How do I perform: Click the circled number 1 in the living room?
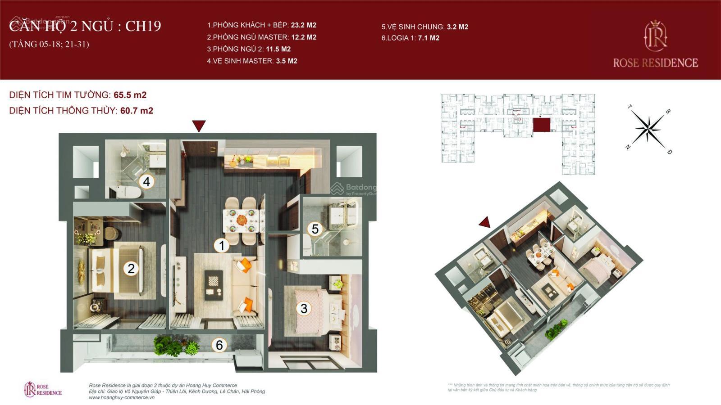[x=221, y=245]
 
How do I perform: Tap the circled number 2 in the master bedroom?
[x=131, y=269]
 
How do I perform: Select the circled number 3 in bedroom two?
[x=304, y=308]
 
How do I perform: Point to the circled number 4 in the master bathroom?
[x=146, y=182]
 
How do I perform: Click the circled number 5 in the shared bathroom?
[x=315, y=229]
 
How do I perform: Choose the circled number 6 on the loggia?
[x=219, y=345]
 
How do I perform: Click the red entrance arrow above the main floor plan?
[x=199, y=126]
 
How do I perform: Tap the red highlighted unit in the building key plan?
[x=541, y=125]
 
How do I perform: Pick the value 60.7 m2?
[x=137, y=110]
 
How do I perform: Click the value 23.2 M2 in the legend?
[x=303, y=25]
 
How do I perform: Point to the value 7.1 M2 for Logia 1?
[x=428, y=38]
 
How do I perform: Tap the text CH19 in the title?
[x=143, y=26]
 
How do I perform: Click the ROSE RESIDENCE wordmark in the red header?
[x=655, y=63]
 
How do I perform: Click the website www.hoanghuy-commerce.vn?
[x=119, y=398]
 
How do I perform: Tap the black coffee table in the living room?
[x=214, y=285]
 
